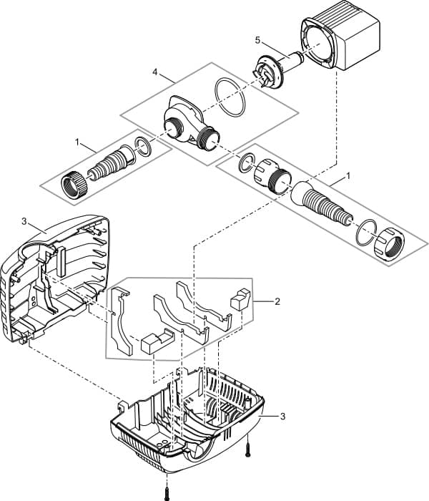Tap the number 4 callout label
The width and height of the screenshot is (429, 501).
[x=155, y=72]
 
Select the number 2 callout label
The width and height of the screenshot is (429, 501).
[x=277, y=302]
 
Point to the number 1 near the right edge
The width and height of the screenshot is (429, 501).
[x=348, y=175]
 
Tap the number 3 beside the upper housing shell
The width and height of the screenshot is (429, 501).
[x=24, y=222]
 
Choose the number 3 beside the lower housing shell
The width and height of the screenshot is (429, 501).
[x=283, y=416]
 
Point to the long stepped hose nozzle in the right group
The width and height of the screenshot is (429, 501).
[x=327, y=205]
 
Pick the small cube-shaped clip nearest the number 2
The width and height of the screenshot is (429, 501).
[x=240, y=298]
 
